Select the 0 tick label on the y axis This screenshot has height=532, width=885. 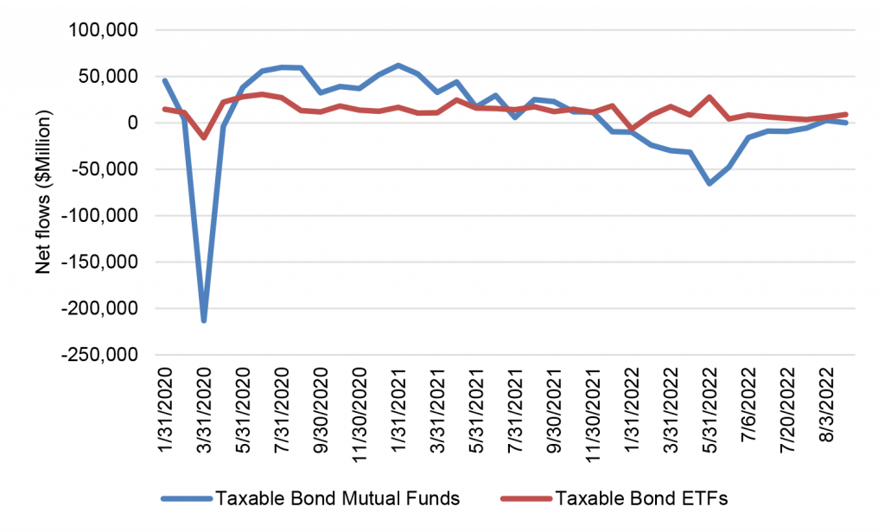[x=132, y=123]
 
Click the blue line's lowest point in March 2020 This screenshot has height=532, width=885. [x=203, y=321]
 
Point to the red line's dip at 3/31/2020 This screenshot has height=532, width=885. [x=204, y=138]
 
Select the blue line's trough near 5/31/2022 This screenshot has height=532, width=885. [x=710, y=184]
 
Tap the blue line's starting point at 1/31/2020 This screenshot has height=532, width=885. [x=164, y=80]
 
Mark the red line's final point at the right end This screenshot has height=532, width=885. [x=846, y=114]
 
